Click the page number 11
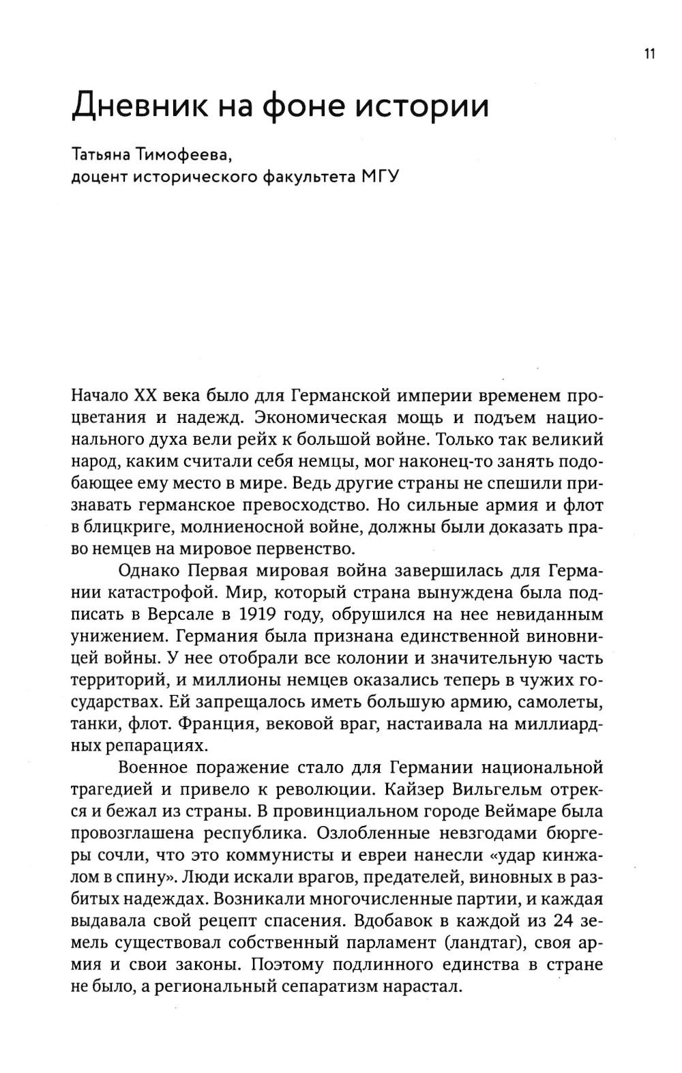point(649,54)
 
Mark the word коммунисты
point(290,855)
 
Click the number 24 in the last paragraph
point(563,921)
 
